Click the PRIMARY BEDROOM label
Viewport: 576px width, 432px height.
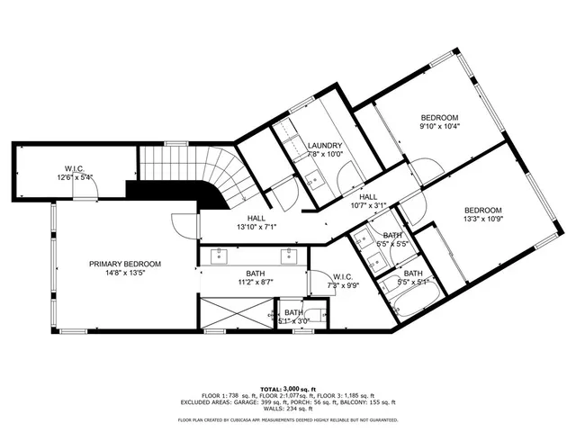click(x=124, y=264)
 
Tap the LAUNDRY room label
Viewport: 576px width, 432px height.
click(x=324, y=146)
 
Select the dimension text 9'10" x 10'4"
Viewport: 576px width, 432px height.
click(x=440, y=127)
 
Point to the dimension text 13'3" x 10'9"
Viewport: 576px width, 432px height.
click(x=483, y=218)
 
